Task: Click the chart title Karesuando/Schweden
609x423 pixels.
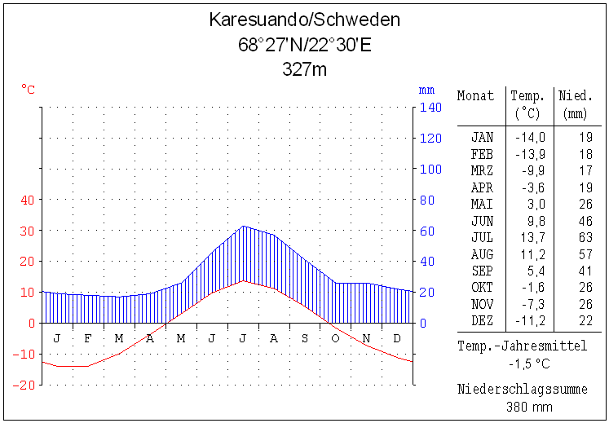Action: click(x=304, y=20)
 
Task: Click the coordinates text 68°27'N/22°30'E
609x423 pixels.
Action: click(x=304, y=44)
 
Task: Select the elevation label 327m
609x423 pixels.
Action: click(x=304, y=68)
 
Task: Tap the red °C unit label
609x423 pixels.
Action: click(x=28, y=89)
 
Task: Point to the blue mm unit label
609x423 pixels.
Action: click(x=426, y=90)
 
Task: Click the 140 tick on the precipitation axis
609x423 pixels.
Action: click(x=430, y=108)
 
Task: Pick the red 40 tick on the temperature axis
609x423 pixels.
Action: click(x=28, y=200)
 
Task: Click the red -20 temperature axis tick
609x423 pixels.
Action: click(x=24, y=385)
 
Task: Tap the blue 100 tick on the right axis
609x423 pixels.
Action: click(x=430, y=170)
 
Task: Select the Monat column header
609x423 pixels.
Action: click(x=475, y=95)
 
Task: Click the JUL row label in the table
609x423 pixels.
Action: click(x=482, y=237)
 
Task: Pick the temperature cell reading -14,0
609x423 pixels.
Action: click(x=530, y=137)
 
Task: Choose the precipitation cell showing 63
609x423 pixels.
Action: click(x=585, y=237)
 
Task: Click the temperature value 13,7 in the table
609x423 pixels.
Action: click(x=532, y=237)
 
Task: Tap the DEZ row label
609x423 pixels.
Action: click(x=482, y=320)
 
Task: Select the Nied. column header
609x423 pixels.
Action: click(x=576, y=95)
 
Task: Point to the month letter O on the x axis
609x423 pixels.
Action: click(x=334, y=337)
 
